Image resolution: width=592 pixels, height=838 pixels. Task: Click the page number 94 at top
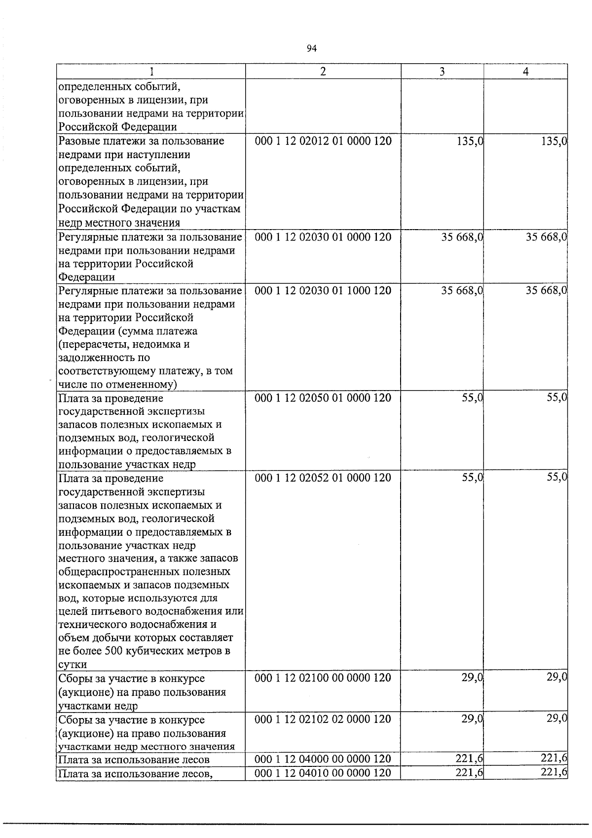pos(311,48)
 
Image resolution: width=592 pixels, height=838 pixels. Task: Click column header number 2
pos(323,72)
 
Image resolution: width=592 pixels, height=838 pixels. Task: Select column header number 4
pos(526,72)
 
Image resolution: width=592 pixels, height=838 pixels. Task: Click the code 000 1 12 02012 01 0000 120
pos(323,142)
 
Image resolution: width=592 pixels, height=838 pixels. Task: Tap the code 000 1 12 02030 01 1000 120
pos(323,291)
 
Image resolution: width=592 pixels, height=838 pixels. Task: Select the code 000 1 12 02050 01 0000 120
pos(323,398)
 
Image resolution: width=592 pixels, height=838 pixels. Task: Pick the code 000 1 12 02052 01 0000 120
pos(323,478)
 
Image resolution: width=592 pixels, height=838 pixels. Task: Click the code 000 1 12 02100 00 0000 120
pos(323,678)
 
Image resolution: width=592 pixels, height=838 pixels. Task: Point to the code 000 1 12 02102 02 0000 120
pos(323,719)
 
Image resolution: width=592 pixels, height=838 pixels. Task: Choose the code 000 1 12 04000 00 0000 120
pos(323,759)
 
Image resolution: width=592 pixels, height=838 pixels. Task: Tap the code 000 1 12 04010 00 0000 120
pos(323,773)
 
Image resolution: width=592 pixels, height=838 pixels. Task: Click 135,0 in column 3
pos(469,142)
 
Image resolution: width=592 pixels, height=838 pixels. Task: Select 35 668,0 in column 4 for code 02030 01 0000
pos(546,238)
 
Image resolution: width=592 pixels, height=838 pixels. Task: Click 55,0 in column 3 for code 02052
pos(472,478)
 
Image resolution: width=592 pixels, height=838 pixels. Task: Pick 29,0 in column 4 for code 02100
pos(557,678)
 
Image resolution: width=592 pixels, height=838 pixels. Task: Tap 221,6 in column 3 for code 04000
pos(469,759)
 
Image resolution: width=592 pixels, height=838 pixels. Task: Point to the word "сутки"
pos(73,664)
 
